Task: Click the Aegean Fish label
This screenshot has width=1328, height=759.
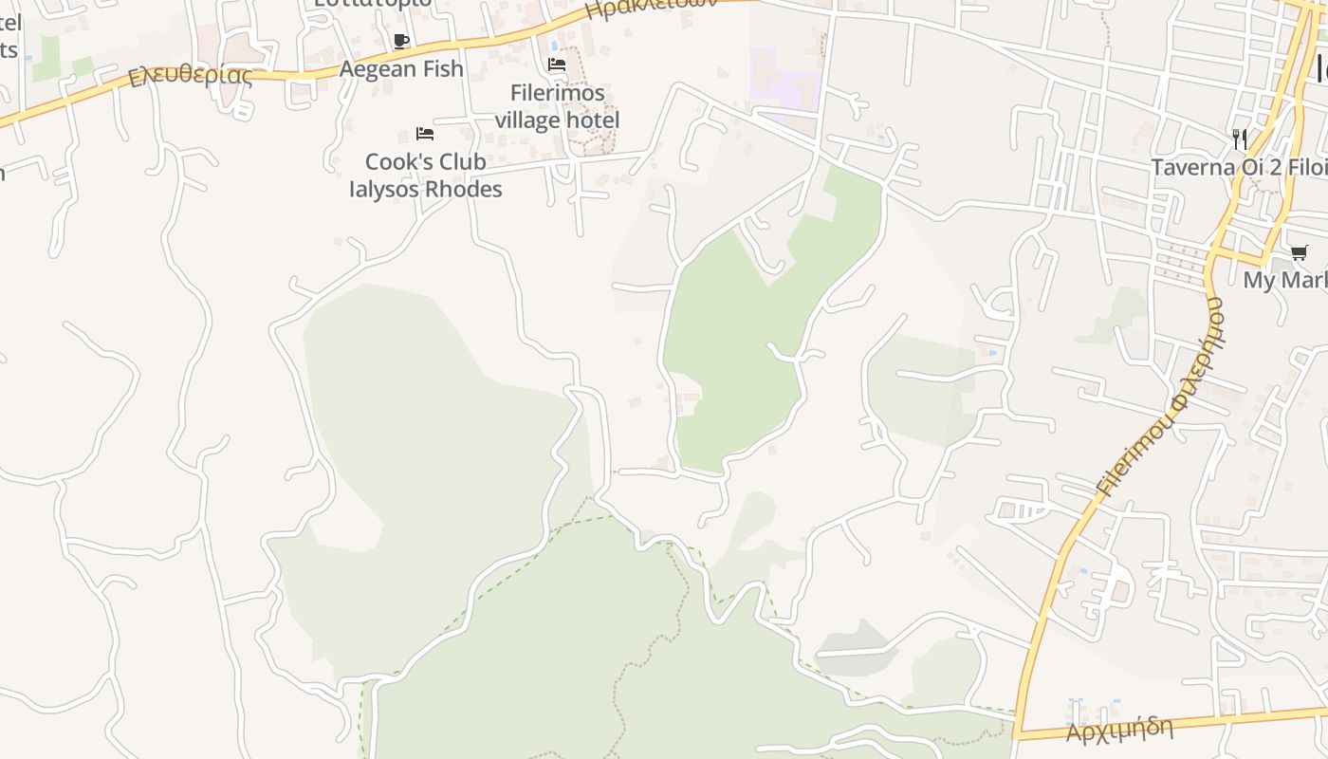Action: pos(401,69)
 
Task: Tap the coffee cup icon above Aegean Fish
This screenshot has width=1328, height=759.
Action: pos(401,41)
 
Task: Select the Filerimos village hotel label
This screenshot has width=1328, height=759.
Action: pos(557,106)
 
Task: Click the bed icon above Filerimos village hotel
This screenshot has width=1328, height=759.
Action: pos(557,65)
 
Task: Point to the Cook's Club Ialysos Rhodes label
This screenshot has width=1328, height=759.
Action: pos(426,176)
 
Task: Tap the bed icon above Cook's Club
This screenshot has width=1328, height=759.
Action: pos(425,134)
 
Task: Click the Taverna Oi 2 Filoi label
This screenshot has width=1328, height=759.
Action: pos(1239,168)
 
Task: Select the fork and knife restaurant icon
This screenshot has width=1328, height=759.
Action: pos(1239,139)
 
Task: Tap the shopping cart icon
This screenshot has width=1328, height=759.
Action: pos(1299,252)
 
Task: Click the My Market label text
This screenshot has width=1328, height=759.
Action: pos(1285,281)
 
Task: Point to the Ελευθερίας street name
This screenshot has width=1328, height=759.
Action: pos(191,74)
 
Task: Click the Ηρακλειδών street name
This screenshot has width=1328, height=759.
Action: pos(650,9)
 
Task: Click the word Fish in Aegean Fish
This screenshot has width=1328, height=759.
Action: pos(443,69)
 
